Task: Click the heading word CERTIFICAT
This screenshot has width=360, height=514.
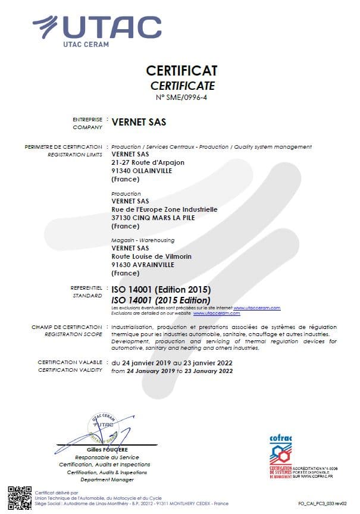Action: point(182,71)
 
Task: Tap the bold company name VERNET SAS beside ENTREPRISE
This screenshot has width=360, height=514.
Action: point(139,123)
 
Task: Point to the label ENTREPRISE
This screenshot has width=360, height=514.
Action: point(87,119)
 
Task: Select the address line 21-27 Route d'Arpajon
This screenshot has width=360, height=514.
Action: point(148,162)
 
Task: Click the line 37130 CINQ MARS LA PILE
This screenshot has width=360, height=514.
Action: point(153,217)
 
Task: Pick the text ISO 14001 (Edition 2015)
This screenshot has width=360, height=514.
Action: point(161,290)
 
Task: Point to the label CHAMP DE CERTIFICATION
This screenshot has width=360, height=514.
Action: point(66,327)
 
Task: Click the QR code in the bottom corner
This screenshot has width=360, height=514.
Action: point(20,497)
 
